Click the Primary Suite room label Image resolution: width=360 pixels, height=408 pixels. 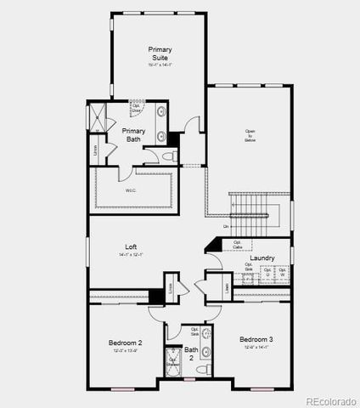point(159,54)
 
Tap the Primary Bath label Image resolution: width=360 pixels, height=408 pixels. point(134,134)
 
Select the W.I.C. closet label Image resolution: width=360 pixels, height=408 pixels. point(132,190)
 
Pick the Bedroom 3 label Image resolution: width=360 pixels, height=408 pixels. point(256,338)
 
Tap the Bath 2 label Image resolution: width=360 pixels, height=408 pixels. point(191,354)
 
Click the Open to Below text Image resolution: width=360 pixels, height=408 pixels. point(250,135)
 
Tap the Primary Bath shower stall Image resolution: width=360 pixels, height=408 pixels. point(98,119)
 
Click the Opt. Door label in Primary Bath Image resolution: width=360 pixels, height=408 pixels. point(136,109)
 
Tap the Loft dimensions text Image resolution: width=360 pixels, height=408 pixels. point(130,255)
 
